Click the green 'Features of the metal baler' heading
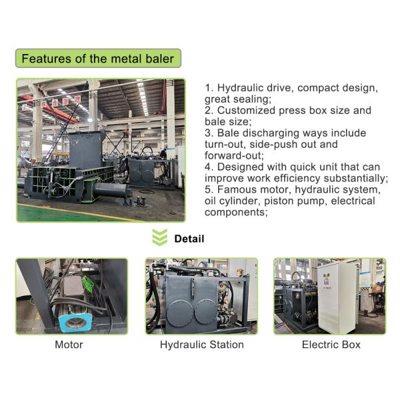(97, 59)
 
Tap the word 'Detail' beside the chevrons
(189, 239)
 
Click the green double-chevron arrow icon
(159, 238)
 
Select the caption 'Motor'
(69, 345)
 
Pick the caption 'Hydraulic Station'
(201, 345)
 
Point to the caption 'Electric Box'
(331, 345)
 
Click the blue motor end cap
(73, 322)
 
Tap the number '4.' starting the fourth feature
(209, 167)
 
